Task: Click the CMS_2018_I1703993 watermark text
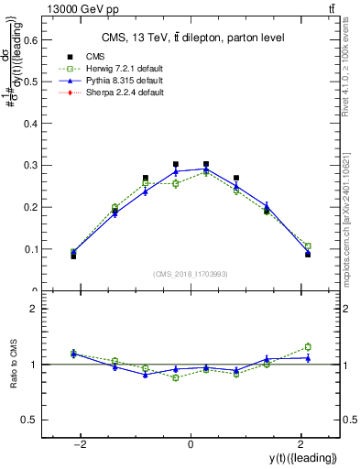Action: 191,275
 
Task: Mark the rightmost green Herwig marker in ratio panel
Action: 308,347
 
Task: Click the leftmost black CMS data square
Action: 73,256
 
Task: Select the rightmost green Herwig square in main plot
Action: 308,246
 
